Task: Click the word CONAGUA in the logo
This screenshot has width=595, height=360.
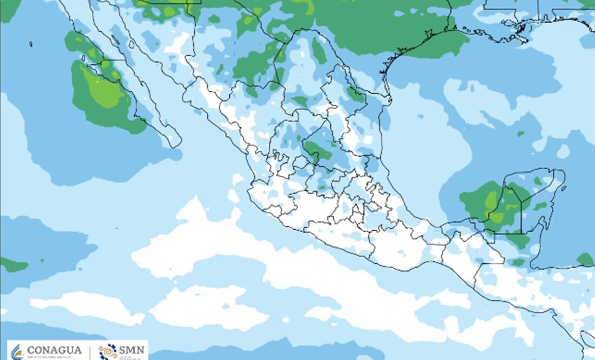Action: coord(54,350)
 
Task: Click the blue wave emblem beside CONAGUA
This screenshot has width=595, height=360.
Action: coord(18,351)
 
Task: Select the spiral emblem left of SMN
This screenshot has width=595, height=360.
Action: coord(108,351)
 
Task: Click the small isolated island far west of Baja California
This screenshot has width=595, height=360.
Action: coord(31,44)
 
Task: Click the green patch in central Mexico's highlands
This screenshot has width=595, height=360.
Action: coord(318,150)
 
